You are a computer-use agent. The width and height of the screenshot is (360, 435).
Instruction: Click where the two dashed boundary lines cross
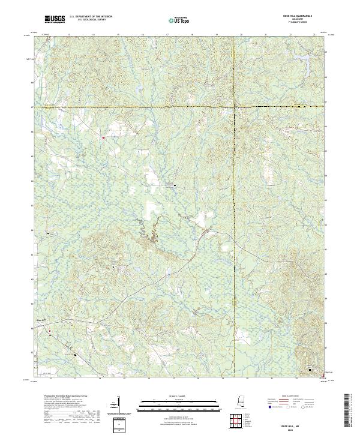pos(233,106)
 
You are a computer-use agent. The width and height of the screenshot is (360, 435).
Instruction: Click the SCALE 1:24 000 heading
pos(181,396)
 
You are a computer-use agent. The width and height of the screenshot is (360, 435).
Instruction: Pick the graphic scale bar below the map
pos(181,403)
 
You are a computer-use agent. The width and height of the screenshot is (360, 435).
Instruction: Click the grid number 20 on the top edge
pos(240,35)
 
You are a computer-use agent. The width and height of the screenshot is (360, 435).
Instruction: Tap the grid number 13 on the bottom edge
pos(75,379)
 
